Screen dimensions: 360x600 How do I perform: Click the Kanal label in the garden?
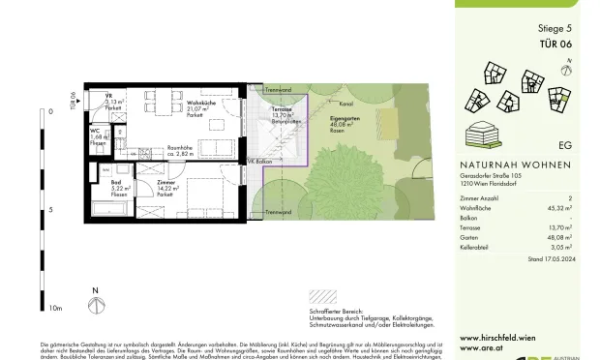point(342,103)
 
